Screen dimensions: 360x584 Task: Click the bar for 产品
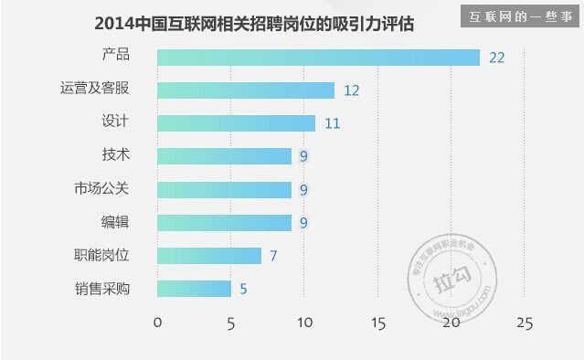point(318,58)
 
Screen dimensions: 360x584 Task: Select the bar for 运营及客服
point(246,90)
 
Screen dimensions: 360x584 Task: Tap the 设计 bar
point(236,123)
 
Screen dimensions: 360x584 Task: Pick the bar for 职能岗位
point(209,256)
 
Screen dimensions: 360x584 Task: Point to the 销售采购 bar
point(194,289)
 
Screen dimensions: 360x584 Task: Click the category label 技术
point(115,154)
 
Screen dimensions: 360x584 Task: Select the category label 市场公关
point(102,188)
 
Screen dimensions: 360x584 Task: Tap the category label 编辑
point(115,222)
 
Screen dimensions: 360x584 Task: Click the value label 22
point(497,58)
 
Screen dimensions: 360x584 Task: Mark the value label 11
point(332,123)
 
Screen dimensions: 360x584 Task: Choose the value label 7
point(273,256)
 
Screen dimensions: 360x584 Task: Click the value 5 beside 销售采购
point(243,289)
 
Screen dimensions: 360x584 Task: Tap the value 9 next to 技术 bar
point(303,156)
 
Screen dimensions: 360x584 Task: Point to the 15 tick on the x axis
point(377,323)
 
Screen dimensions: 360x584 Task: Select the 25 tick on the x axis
point(524,323)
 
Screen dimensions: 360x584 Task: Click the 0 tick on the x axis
point(157,323)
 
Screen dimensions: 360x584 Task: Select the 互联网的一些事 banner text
point(521,16)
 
